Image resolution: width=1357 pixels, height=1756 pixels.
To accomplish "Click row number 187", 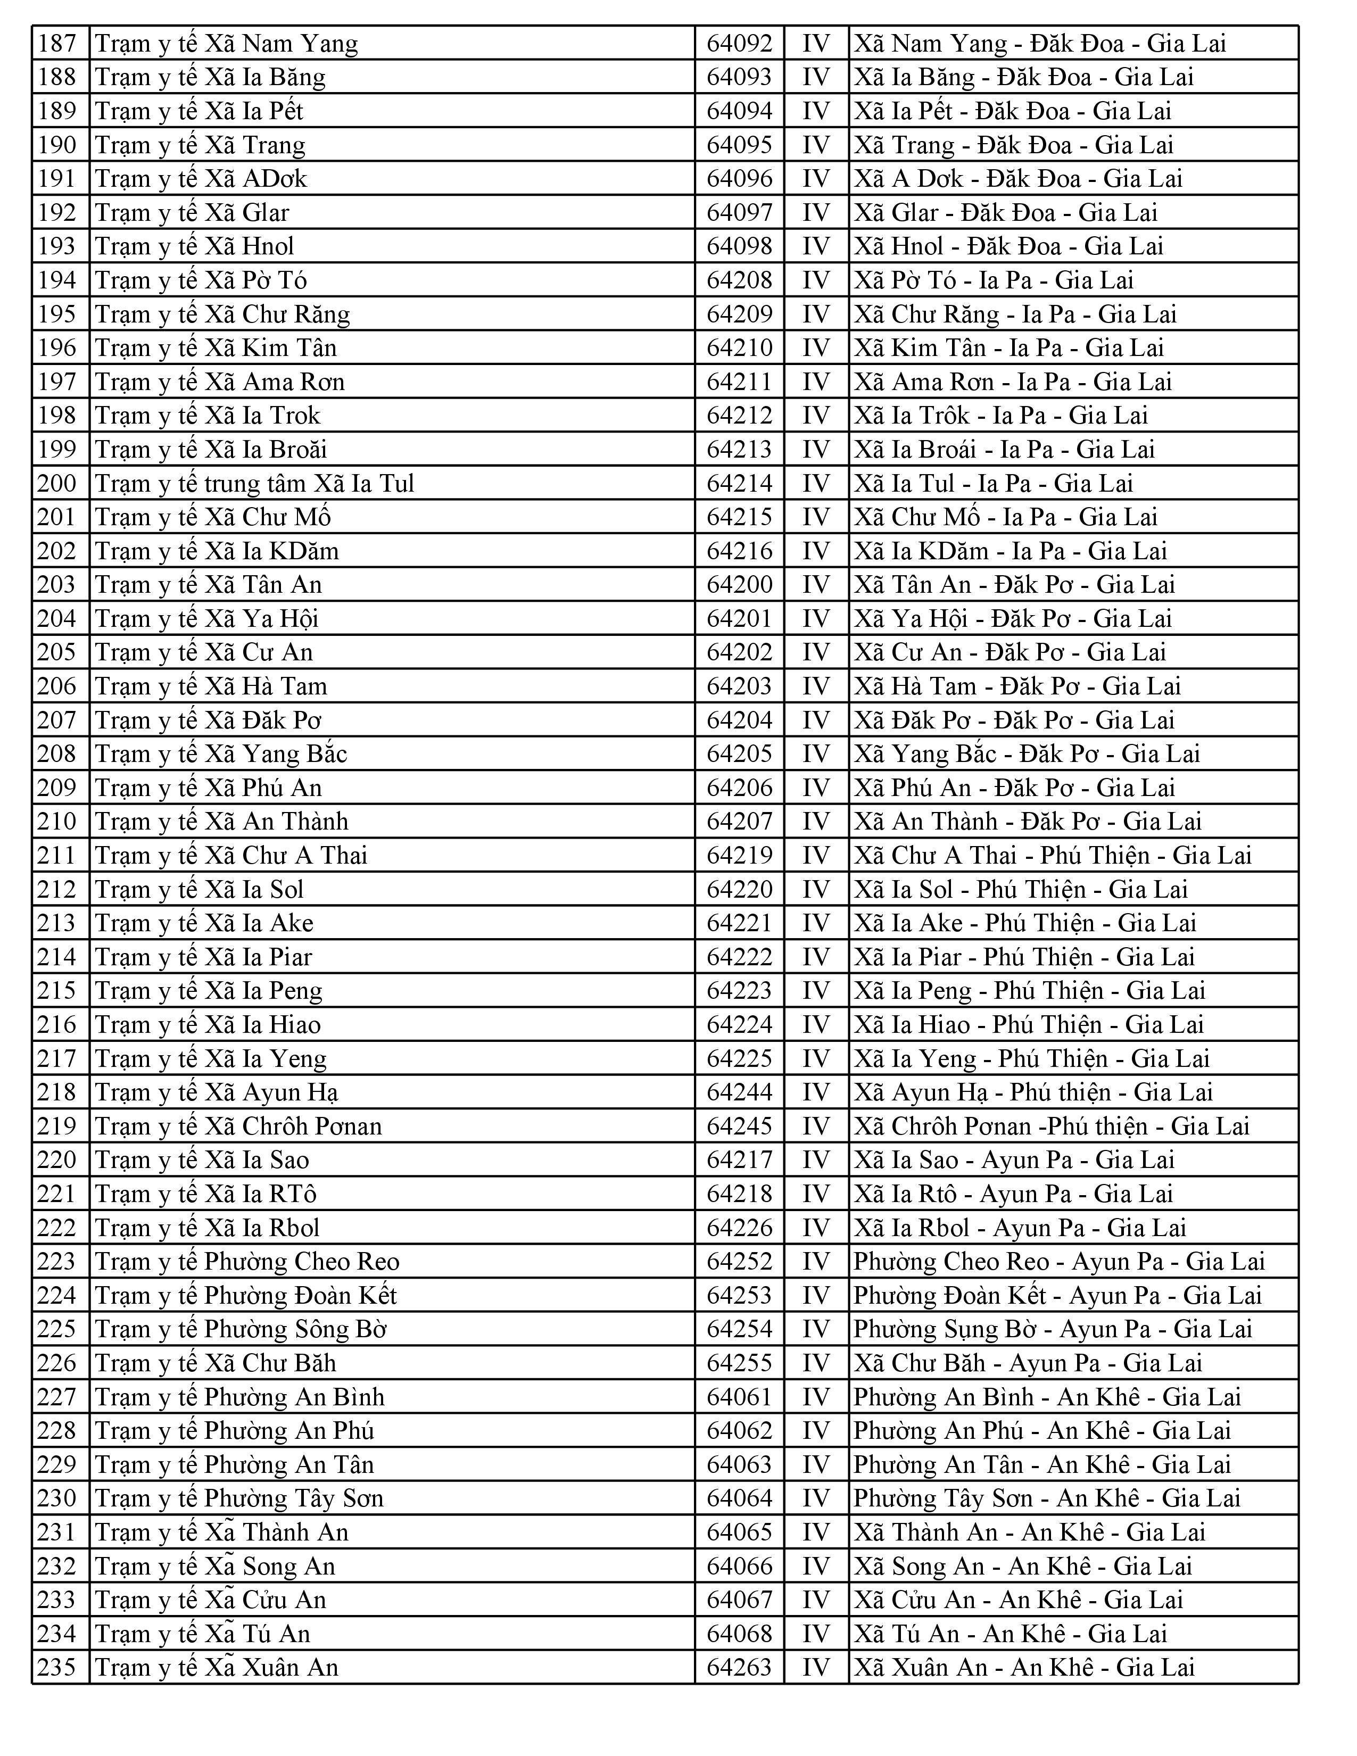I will click(57, 44).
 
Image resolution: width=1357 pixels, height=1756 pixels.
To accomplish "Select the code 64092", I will click(739, 44).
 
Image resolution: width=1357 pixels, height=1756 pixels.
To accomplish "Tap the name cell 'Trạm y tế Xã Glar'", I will click(192, 212).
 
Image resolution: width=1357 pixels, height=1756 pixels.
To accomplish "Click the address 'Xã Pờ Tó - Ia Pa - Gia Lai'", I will click(994, 280).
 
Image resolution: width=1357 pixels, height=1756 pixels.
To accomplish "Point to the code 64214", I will click(739, 483).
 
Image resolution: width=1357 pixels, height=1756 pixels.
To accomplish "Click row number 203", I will click(57, 584).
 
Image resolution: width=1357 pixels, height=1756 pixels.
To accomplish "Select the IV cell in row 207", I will click(816, 719).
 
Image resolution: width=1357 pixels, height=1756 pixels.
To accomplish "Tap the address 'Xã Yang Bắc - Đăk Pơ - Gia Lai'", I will click(1027, 753).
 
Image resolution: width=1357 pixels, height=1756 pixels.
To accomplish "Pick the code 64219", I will click(739, 855).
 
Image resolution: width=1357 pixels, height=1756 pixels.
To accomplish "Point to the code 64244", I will click(739, 1092).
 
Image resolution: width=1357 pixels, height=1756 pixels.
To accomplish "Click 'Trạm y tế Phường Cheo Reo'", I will click(247, 1261).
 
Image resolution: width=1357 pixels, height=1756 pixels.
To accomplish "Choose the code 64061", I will click(739, 1397).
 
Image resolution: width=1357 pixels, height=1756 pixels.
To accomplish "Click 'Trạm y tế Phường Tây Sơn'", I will click(239, 1498).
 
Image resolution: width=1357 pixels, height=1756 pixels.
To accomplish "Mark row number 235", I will click(57, 1667).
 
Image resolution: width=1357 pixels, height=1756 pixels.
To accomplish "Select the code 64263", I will click(739, 1667).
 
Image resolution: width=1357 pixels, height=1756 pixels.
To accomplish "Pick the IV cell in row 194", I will click(816, 280).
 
